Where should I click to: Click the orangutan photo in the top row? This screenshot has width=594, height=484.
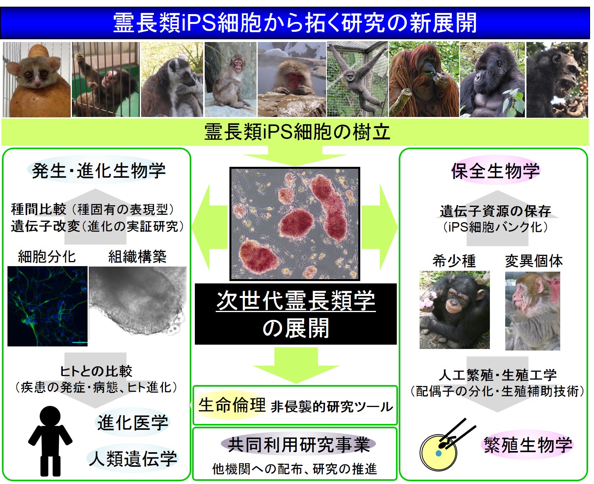[423, 79]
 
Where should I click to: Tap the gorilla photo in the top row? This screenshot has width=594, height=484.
[492, 79]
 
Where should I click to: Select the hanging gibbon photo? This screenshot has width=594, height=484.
[357, 79]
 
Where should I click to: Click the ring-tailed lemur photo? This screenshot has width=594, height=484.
[172, 79]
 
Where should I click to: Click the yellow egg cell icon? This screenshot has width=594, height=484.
[438, 453]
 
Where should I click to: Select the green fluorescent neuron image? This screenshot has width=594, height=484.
[47, 306]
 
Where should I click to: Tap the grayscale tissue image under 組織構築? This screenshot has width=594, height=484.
[138, 301]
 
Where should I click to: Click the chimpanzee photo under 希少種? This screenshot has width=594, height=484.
[455, 310]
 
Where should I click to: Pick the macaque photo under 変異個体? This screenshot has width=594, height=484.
[533, 311]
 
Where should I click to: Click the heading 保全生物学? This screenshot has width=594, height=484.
[495, 170]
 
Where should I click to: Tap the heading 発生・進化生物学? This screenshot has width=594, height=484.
[99, 170]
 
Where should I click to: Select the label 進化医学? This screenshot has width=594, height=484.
[133, 423]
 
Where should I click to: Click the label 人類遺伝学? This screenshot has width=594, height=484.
[133, 458]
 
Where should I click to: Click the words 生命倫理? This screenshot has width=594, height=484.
[232, 405]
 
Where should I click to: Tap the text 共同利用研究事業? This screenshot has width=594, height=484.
[299, 445]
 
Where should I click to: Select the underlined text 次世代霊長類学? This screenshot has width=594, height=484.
[296, 301]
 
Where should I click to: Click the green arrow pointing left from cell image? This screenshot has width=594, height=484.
[210, 227]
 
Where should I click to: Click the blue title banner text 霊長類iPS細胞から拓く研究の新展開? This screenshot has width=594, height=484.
[295, 23]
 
